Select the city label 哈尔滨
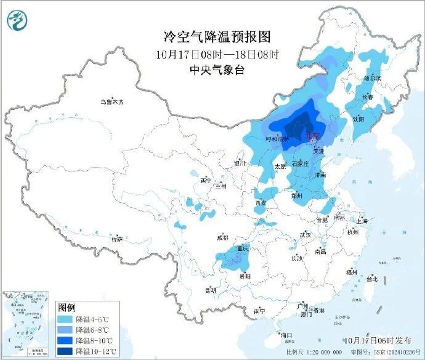pyautogui.click(x=373, y=78)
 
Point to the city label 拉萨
pyautogui.click(x=116, y=239)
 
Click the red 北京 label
pyautogui.click(x=313, y=135)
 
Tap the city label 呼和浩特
pyautogui.click(x=277, y=139)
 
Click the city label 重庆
pyautogui.click(x=240, y=248)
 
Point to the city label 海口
pyautogui.click(x=286, y=335)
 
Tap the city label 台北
pyautogui.click(x=372, y=279)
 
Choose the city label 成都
pyautogui.click(x=222, y=237)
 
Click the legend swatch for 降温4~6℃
pyautogui.click(x=65, y=320)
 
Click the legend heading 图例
pyautogui.click(x=67, y=307)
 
